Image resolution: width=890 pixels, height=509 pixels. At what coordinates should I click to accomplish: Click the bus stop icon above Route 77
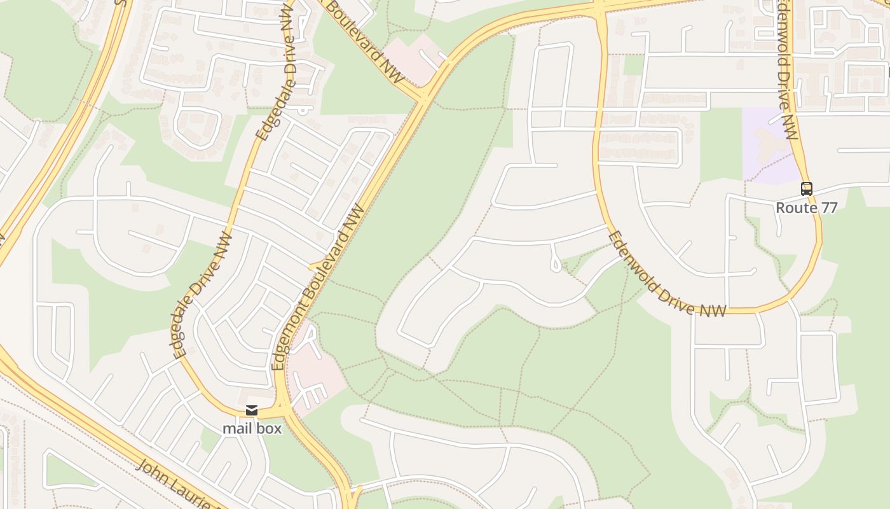[807, 188]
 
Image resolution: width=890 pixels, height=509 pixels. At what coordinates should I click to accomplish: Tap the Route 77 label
[807, 207]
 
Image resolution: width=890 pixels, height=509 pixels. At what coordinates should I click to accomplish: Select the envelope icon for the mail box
[252, 410]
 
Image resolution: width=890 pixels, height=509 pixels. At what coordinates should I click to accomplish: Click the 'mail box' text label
[252, 428]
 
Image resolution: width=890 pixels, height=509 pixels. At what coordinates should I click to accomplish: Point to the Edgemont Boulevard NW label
[319, 288]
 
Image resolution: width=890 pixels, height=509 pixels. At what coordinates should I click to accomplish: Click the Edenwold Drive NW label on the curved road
[667, 275]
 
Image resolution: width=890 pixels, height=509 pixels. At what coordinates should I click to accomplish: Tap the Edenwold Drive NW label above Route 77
[787, 70]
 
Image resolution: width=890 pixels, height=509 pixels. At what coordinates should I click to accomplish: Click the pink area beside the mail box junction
[318, 375]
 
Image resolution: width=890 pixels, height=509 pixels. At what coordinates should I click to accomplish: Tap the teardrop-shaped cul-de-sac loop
[556, 263]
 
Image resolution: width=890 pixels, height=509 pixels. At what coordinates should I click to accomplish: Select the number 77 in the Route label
[828, 207]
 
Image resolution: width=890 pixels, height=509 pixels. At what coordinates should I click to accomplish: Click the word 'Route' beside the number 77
[796, 207]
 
